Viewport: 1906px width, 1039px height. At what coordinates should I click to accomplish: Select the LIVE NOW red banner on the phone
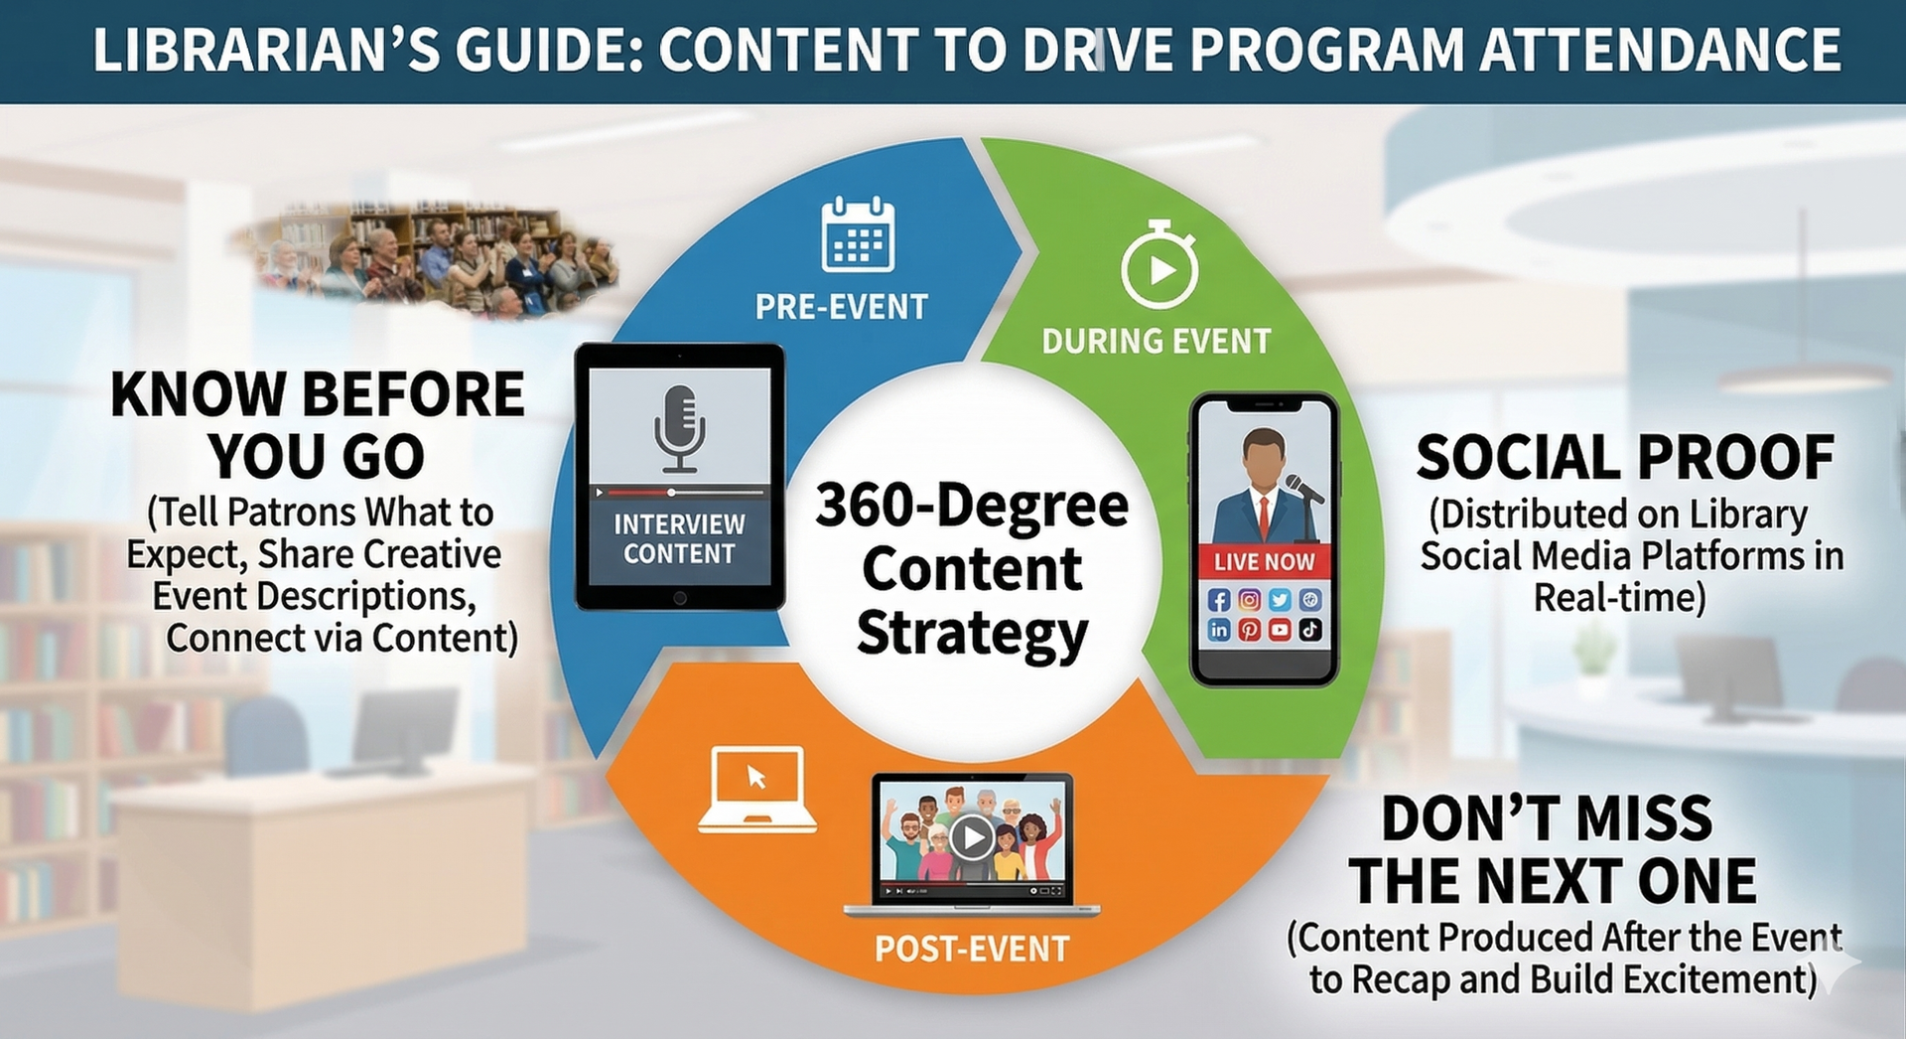(x=1264, y=561)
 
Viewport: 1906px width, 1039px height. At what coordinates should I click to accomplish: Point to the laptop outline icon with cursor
(x=757, y=790)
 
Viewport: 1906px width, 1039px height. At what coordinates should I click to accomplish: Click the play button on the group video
(x=972, y=837)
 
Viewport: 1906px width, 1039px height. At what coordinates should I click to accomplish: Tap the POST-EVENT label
(x=972, y=949)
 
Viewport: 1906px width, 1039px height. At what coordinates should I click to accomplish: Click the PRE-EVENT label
(x=842, y=307)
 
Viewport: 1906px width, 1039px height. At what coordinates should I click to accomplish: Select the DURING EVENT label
(x=1157, y=342)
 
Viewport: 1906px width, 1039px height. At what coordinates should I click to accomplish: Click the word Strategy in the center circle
(x=973, y=634)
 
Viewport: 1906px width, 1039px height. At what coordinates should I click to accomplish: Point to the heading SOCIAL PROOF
(x=1625, y=458)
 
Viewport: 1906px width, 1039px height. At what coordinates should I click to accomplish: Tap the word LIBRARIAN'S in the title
(x=266, y=50)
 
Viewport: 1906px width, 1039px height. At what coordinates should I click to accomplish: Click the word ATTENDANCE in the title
(x=1661, y=50)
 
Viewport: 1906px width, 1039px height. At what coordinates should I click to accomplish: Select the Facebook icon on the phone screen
(x=1219, y=600)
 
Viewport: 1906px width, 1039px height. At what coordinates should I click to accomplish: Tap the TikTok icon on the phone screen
(x=1310, y=630)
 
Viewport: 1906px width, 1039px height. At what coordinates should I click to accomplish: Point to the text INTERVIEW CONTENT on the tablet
(x=679, y=538)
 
